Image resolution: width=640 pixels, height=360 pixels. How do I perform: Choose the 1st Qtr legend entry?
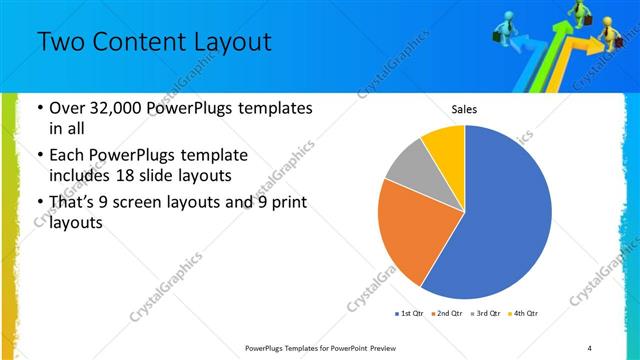[x=410, y=315]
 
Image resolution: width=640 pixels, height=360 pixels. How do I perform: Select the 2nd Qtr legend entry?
[x=446, y=315]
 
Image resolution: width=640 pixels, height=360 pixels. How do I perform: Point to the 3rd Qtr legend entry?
[x=483, y=315]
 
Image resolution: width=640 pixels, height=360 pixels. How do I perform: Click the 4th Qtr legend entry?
[x=521, y=315]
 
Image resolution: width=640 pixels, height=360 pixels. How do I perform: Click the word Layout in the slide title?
[x=233, y=42]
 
